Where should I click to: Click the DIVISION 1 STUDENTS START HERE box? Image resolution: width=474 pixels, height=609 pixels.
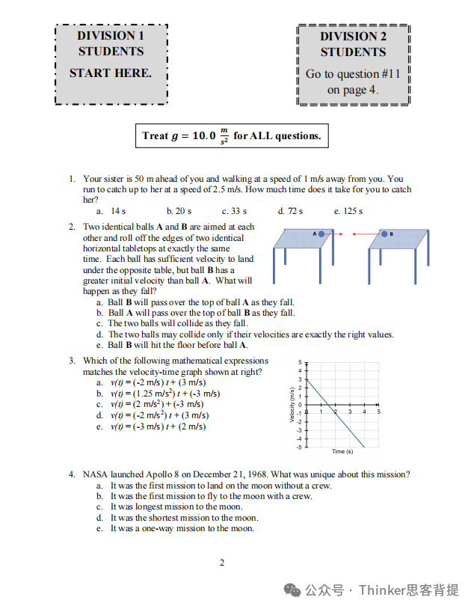pyautogui.click(x=111, y=64)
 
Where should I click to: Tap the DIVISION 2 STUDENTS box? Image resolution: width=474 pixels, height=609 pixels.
pyautogui.click(x=354, y=64)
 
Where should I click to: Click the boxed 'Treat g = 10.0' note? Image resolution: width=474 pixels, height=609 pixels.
pyautogui.click(x=231, y=136)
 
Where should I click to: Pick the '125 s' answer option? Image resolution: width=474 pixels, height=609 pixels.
pyautogui.click(x=348, y=212)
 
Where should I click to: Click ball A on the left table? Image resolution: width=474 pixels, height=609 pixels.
pyautogui.click(x=321, y=234)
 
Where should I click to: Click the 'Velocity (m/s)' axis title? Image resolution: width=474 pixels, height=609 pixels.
pyautogui.click(x=292, y=405)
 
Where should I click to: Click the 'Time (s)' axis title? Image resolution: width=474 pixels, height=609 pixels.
pyautogui.click(x=343, y=452)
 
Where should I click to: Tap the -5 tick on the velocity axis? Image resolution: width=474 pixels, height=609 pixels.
pyautogui.click(x=299, y=447)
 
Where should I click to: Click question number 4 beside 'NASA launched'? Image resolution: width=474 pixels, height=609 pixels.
pyautogui.click(x=72, y=474)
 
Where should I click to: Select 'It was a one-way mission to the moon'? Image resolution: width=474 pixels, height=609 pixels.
pyautogui.click(x=182, y=528)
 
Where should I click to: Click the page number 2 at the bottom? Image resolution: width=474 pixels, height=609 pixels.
pyautogui.click(x=221, y=563)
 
